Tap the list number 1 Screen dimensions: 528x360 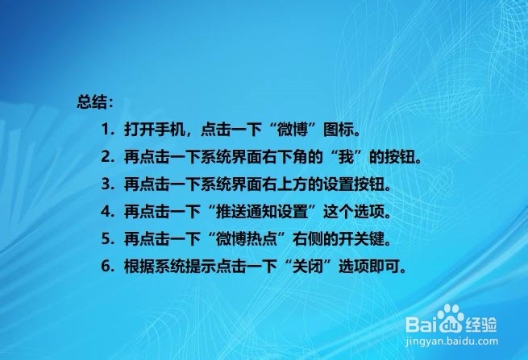coord(106,130)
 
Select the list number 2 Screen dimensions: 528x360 coord(106,157)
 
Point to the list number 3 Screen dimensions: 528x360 coord(106,184)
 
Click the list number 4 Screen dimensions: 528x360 coord(106,211)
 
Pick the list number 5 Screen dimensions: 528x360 coord(106,238)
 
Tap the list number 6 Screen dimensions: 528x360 coord(106,266)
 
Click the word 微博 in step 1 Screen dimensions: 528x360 coord(293,130)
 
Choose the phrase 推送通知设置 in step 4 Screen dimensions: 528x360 coord(262,211)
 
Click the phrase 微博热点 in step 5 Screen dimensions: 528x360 coord(247,238)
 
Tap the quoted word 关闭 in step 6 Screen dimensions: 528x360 coord(307,266)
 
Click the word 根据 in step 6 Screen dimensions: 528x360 coord(139,266)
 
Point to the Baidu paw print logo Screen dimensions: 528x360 coord(451,318)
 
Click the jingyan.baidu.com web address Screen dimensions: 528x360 coord(452,341)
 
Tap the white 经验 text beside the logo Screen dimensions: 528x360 coord(481,325)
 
